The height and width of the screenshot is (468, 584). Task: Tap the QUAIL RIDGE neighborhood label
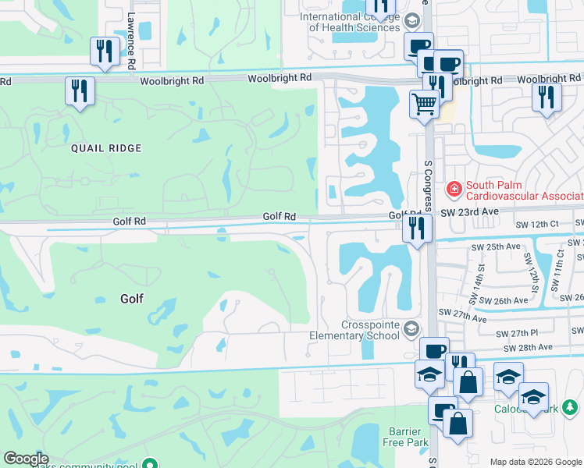click(x=106, y=147)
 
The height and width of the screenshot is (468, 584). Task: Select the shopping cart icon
click(x=423, y=103)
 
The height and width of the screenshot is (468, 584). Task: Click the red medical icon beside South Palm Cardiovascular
click(x=453, y=190)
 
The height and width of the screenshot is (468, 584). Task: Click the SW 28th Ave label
click(x=529, y=347)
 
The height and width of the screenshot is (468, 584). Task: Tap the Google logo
click(x=26, y=459)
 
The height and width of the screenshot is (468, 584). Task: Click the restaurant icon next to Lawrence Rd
click(x=103, y=51)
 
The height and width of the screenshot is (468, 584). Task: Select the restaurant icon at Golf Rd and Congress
click(x=417, y=228)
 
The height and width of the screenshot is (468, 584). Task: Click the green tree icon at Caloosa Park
click(x=572, y=407)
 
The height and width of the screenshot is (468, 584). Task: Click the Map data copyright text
click(x=535, y=462)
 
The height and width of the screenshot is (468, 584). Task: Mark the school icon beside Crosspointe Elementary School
click(x=411, y=330)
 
